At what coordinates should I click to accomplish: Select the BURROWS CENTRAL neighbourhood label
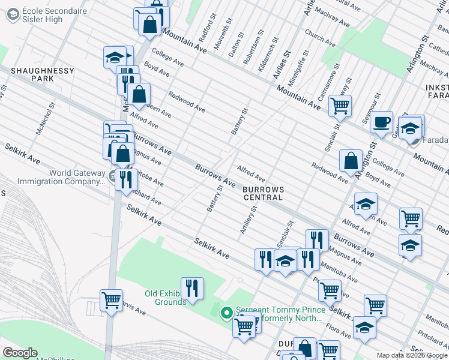262,193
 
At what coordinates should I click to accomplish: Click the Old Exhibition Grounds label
165,298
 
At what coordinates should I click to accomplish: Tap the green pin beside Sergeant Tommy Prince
226,313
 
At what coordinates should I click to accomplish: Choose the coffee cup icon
381,123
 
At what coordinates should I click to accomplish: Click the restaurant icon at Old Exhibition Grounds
192,287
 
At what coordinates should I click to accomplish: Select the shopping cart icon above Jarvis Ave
111,300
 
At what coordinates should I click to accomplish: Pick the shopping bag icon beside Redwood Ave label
351,161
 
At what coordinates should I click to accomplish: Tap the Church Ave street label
319,37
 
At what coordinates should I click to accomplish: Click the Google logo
20,353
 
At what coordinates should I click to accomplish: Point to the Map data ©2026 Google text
411,355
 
